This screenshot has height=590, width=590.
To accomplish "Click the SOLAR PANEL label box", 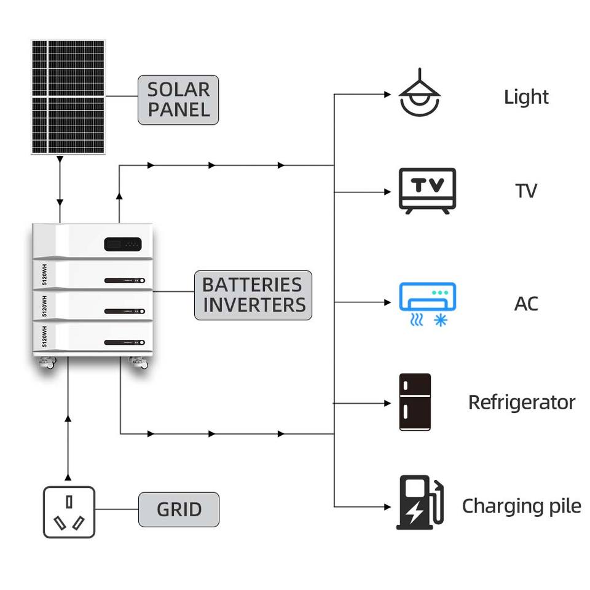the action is (178, 100).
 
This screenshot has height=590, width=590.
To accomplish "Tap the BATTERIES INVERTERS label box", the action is (253, 295).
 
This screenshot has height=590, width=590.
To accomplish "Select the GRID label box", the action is (179, 509).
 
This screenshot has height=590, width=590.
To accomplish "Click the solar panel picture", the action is (68, 96).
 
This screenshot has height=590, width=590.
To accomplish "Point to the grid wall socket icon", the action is (69, 512).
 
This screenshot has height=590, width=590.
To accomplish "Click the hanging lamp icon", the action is (420, 93).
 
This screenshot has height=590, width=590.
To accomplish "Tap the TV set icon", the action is (427, 191).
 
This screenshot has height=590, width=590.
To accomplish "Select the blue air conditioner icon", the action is (428, 304).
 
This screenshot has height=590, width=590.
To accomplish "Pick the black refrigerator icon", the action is (415, 402).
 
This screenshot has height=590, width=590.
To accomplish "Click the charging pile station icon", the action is (420, 502).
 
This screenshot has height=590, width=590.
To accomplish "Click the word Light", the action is (526, 97).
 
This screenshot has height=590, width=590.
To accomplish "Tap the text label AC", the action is (526, 304).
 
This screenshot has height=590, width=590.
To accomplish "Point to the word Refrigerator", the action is (522, 402).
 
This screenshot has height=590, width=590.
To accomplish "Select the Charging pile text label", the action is (522, 506).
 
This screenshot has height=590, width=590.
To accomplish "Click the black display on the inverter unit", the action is (123, 244).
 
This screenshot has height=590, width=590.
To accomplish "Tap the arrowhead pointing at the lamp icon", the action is (388, 94).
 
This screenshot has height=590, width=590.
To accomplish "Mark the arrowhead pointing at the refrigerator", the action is (388, 403).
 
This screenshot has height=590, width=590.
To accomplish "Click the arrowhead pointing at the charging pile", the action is (388, 507).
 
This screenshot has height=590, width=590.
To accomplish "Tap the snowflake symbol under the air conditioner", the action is (441, 320).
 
